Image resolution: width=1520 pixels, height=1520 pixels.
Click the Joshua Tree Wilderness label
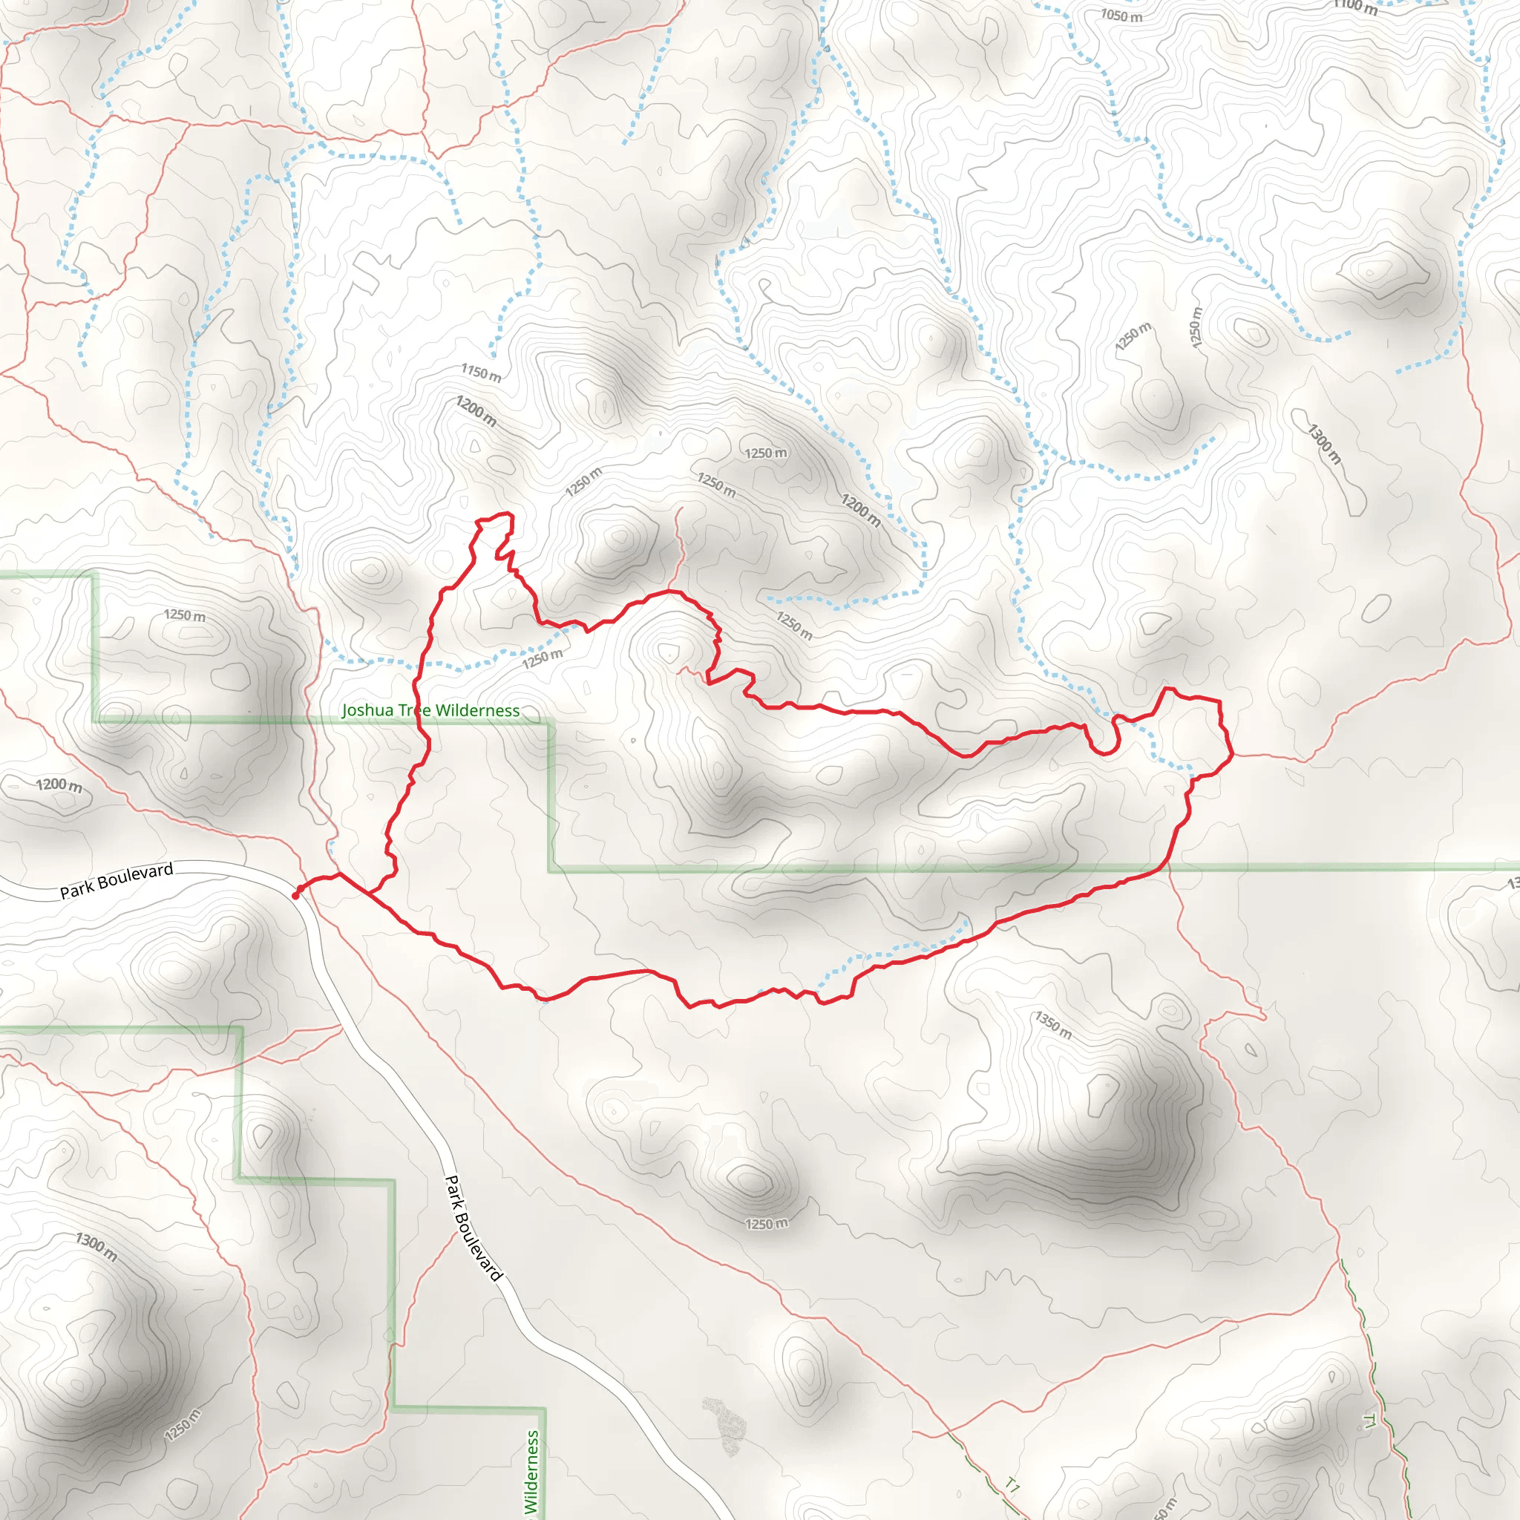tap(430, 710)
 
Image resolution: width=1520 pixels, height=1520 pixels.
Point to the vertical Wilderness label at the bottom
tap(532, 1471)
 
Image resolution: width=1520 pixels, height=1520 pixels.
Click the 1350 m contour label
tap(1052, 1025)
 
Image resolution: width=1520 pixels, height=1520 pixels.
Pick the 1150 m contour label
tap(481, 373)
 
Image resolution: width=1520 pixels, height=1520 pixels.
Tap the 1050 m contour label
tap(1121, 16)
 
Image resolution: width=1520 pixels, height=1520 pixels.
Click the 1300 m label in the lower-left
tap(96, 1247)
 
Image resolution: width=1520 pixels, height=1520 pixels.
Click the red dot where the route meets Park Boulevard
tap(296, 895)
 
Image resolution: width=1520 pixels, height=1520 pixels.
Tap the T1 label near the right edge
tap(1370, 1421)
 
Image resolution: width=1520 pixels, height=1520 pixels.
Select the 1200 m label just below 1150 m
tap(476, 411)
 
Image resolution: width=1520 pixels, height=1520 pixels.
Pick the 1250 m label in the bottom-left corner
tap(183, 1426)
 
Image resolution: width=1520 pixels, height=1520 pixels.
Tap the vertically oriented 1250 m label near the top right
tap(1196, 327)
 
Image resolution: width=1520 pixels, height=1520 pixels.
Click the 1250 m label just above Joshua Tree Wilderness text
tap(542, 658)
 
